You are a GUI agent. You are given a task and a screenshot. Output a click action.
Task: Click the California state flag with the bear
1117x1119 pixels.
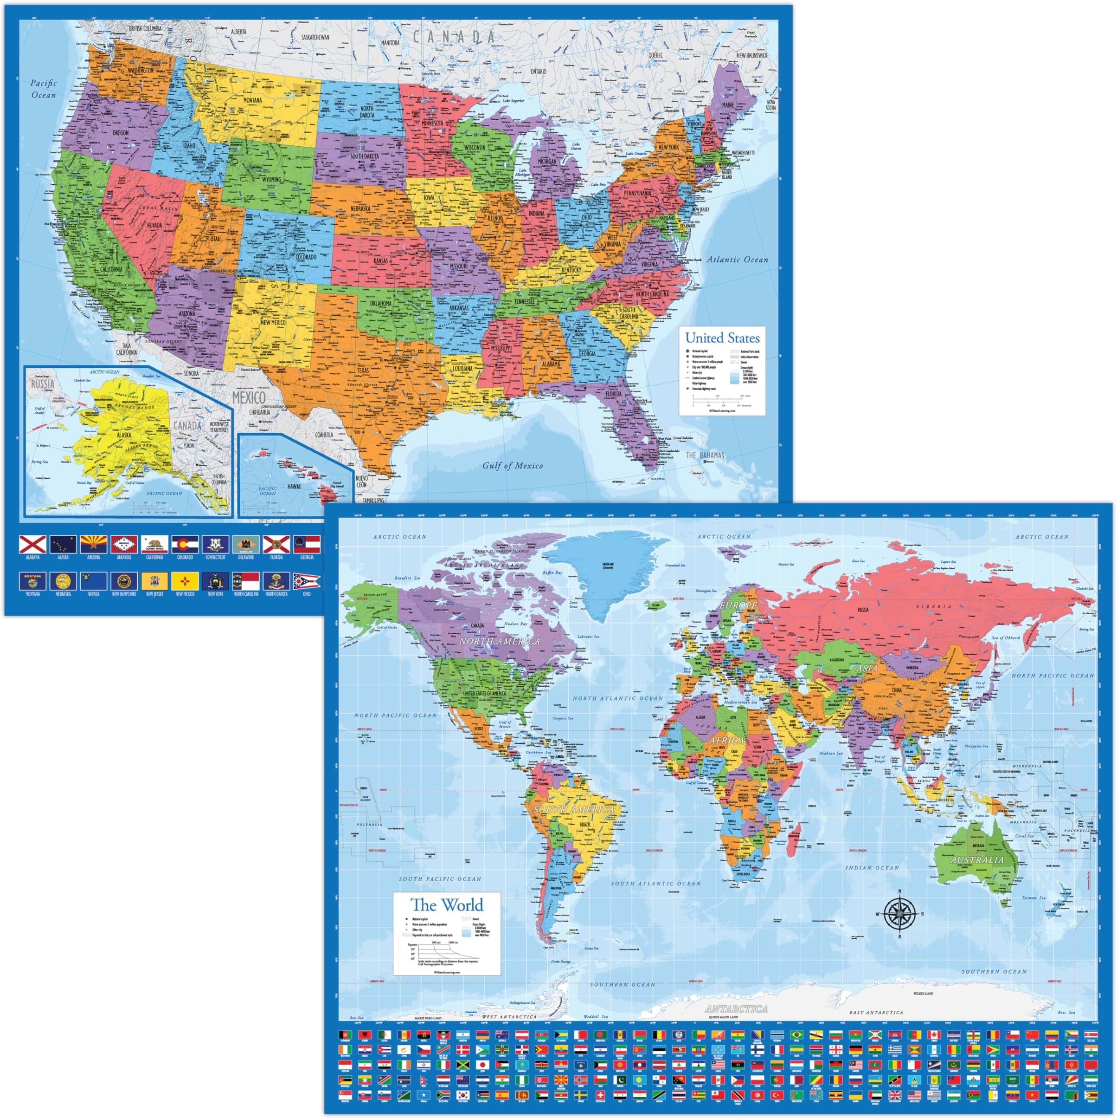[154, 544]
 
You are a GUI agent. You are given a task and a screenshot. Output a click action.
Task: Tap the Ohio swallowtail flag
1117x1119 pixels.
[307, 581]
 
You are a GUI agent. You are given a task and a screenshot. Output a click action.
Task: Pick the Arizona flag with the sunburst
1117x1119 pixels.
[93, 544]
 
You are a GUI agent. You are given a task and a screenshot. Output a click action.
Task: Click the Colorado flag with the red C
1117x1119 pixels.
[185, 544]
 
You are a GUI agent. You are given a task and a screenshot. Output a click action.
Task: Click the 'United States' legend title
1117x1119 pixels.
[722, 338]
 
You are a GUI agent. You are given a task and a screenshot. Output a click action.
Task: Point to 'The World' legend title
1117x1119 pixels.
[446, 904]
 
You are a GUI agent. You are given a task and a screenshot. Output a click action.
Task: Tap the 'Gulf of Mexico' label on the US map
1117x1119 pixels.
[513, 465]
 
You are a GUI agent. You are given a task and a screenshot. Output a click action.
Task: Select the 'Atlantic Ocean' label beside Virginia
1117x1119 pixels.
[738, 260]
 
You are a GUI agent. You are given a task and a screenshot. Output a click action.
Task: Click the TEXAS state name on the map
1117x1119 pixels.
[363, 370]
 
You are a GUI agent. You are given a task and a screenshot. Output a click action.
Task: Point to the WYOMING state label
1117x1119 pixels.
[271, 180]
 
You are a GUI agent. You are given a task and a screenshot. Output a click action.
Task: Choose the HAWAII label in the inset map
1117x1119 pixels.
[294, 486]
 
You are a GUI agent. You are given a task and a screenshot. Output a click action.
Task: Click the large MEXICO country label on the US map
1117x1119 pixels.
[249, 397]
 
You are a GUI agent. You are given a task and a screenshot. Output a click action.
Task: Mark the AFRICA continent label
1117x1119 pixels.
[726, 741]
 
